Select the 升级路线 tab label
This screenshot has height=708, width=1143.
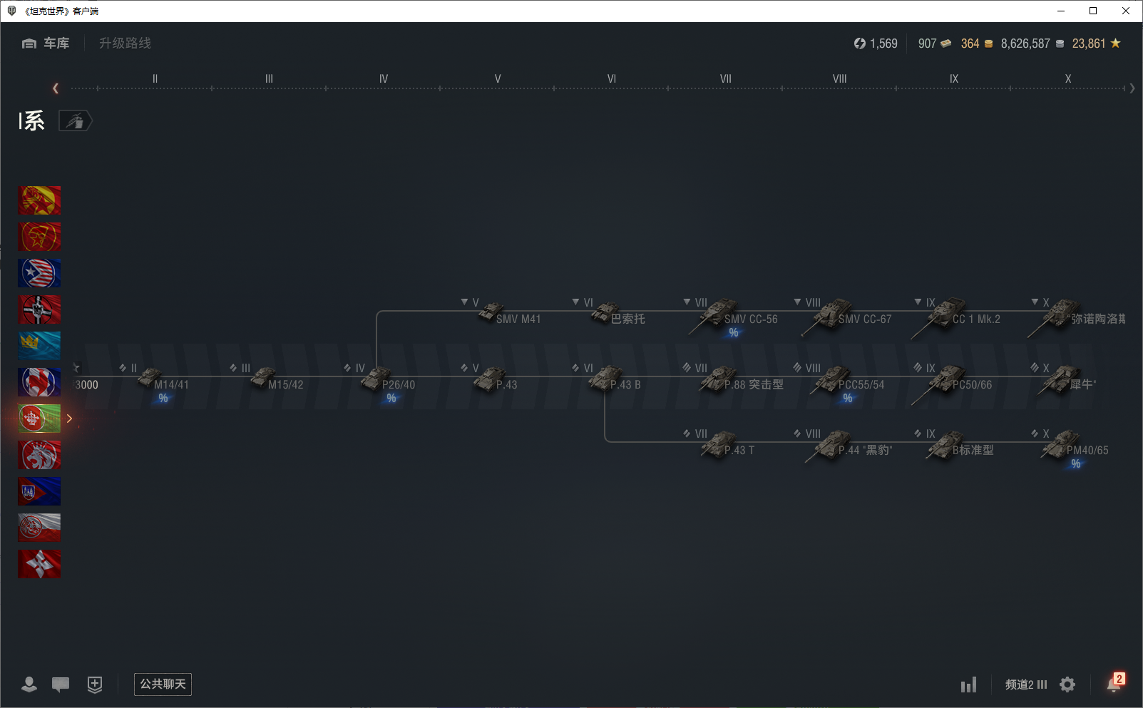click(x=125, y=43)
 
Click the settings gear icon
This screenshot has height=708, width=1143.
click(x=1067, y=684)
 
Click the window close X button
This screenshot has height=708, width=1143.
click(x=1126, y=11)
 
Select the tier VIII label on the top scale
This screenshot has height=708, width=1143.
click(x=839, y=79)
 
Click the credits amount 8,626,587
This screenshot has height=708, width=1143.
click(x=1025, y=43)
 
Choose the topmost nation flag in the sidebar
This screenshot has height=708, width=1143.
click(x=39, y=200)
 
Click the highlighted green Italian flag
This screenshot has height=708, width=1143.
click(x=39, y=419)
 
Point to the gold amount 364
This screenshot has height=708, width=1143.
click(x=970, y=43)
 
